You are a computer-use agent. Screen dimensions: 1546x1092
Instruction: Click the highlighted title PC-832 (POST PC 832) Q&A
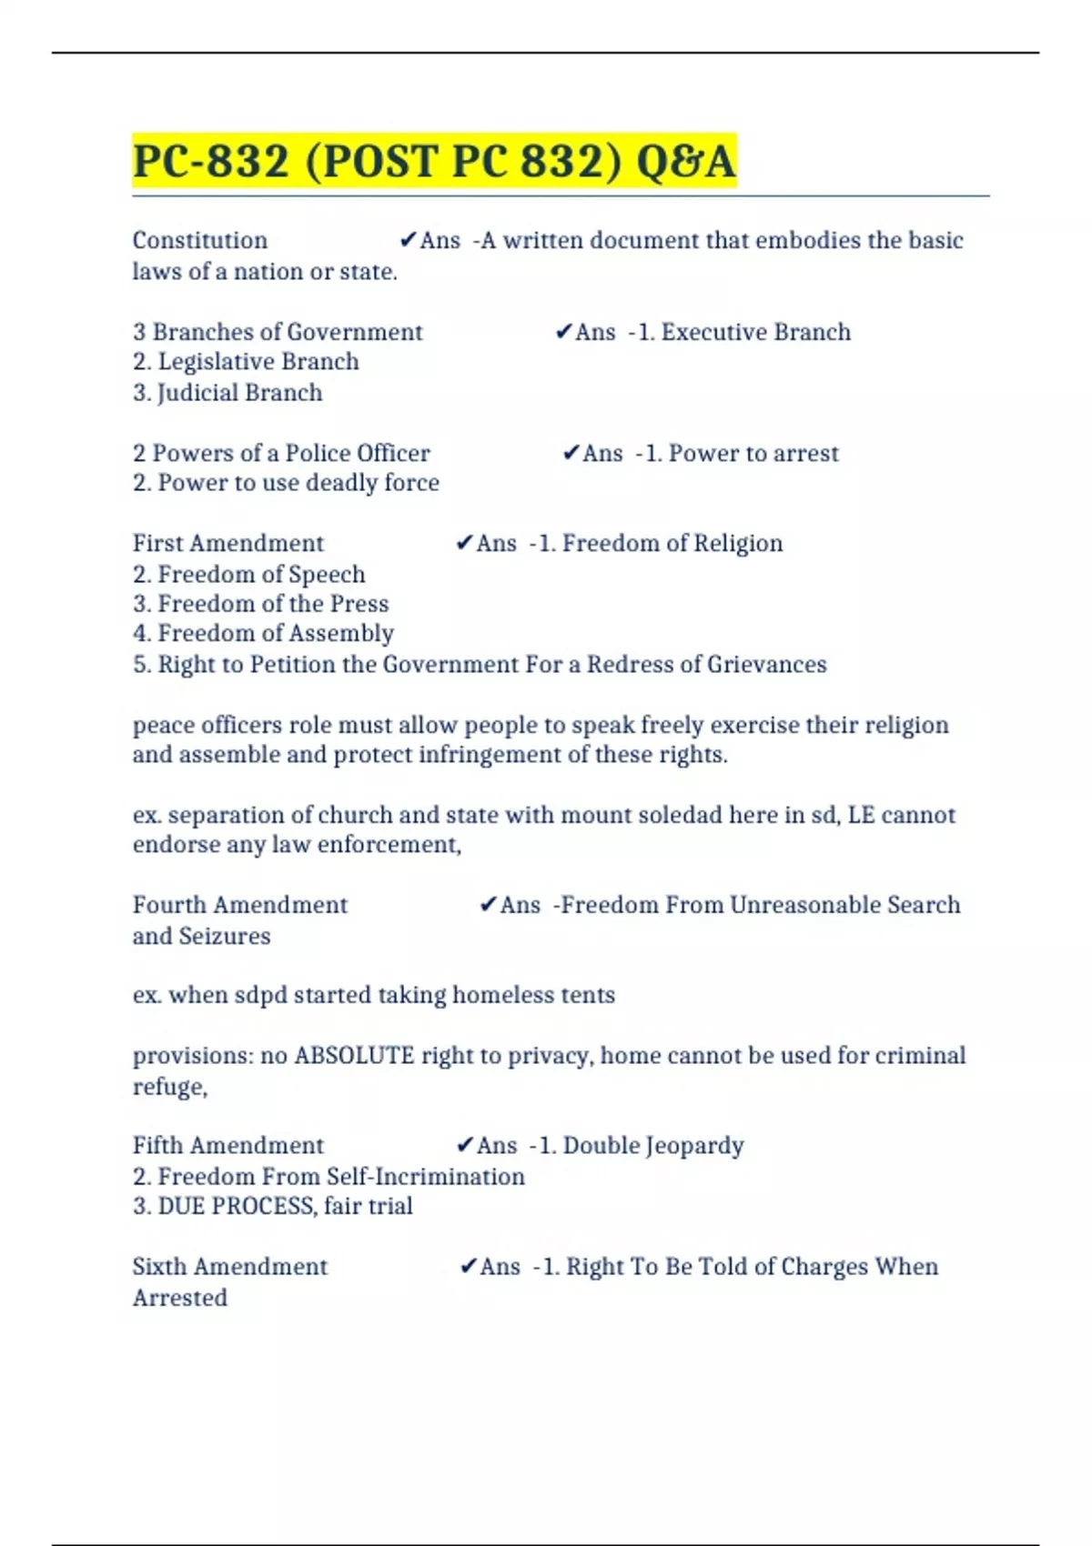pos(434,161)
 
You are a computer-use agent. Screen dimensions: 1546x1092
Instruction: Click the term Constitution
pos(200,240)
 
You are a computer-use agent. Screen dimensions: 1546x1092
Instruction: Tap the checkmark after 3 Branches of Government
pos(563,332)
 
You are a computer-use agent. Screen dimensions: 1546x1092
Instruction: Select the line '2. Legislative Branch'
pos(246,362)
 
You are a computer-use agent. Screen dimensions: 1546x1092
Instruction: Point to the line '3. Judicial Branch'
pos(227,393)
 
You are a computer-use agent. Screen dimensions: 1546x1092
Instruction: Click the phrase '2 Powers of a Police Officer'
pos(281,453)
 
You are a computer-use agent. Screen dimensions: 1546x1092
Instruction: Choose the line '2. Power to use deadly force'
pos(286,483)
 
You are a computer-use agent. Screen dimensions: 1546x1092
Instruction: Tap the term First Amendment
pos(228,544)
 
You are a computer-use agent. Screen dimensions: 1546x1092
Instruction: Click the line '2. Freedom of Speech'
pos(249,575)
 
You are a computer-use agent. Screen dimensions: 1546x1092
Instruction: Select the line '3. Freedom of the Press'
pos(260,604)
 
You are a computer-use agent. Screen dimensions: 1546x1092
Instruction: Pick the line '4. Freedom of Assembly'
pos(263,634)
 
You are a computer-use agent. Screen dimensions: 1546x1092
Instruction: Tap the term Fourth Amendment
pos(240,905)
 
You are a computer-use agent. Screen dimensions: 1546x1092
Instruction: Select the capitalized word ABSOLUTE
pos(354,1056)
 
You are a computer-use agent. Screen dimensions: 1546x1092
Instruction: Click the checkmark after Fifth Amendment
pos(465,1145)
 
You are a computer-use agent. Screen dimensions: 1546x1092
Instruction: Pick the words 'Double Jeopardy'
pos(653,1146)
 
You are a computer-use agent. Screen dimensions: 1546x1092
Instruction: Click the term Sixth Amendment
pos(230,1267)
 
